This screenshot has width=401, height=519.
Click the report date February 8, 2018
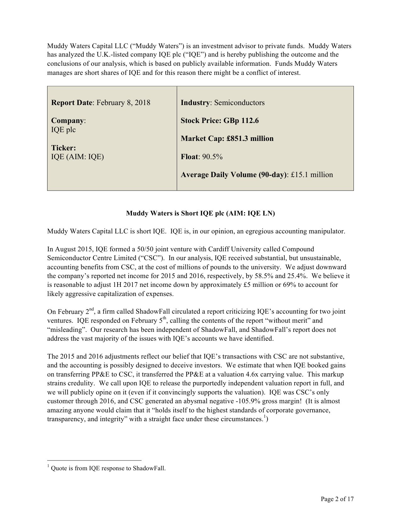click(123, 103)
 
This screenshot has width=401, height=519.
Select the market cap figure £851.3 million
click(250, 139)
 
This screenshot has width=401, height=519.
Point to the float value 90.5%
click(212, 157)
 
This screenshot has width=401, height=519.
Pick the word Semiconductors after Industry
click(239, 103)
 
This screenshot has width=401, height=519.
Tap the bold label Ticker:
click(64, 148)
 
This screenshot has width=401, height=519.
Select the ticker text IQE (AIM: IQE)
click(77, 157)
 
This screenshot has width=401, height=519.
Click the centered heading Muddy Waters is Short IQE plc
click(200, 214)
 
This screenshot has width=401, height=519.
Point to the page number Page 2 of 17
click(337, 499)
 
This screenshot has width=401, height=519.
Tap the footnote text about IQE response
click(108, 468)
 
